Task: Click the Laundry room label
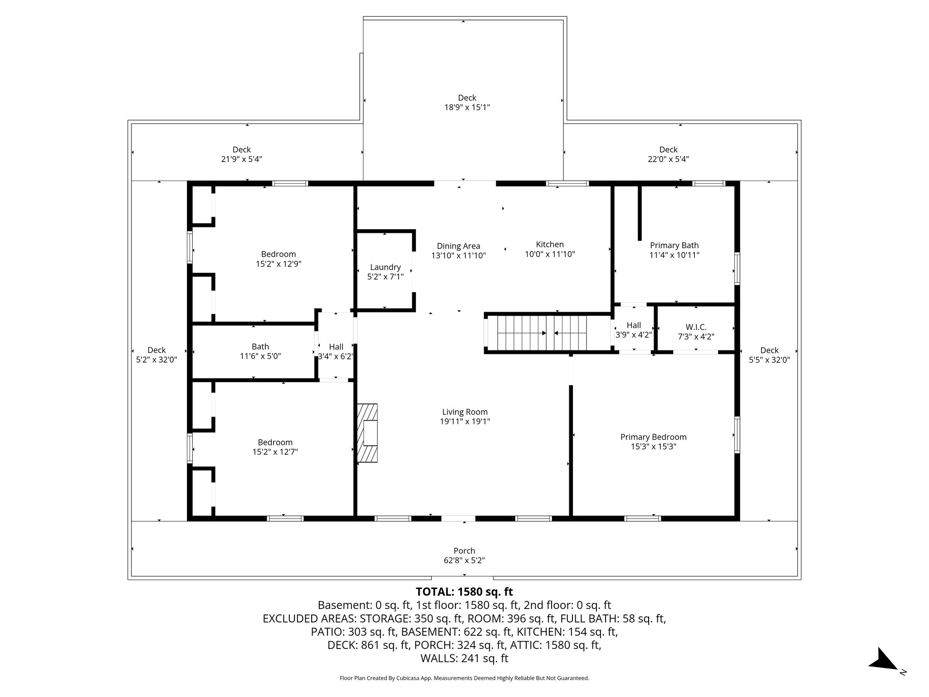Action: click(385, 267)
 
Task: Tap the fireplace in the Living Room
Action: click(367, 433)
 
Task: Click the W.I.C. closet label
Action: click(696, 327)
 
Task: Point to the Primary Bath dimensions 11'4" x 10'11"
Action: click(674, 255)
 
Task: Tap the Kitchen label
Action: click(550, 244)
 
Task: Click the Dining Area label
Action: click(458, 246)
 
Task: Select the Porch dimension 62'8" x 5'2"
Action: click(464, 560)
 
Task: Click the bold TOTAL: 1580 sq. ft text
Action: click(464, 591)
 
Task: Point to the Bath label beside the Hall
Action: click(260, 347)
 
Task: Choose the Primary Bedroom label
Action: click(653, 437)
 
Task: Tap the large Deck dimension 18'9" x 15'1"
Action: click(467, 108)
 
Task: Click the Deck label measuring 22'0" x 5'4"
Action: click(668, 149)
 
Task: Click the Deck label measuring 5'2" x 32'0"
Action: click(156, 350)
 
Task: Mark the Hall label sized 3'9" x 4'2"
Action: click(634, 325)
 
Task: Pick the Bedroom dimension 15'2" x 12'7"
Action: click(275, 452)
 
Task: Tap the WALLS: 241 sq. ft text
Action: click(464, 658)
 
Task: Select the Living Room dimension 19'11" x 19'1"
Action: click(465, 421)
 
